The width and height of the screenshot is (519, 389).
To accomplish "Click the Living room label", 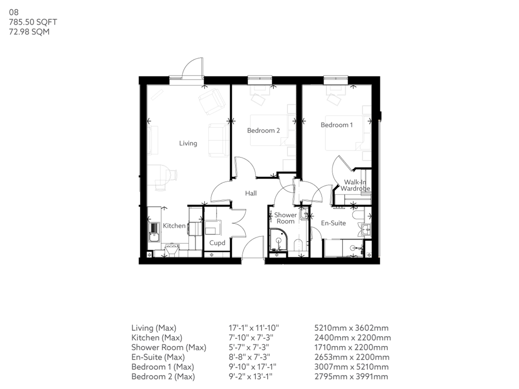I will (188, 143).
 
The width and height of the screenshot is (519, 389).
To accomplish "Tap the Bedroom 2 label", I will (263, 131).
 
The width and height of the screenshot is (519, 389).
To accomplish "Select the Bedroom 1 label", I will (337, 125).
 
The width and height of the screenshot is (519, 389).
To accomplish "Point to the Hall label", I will (251, 193).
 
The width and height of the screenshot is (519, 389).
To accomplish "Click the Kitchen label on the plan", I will (174, 225).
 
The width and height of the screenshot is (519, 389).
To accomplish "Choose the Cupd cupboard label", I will (217, 243).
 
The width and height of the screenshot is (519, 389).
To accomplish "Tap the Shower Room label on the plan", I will (286, 218).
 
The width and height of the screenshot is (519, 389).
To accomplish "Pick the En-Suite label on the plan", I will (333, 223).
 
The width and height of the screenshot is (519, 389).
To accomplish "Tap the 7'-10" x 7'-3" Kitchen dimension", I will (253, 338).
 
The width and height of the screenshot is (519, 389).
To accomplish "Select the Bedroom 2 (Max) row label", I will (163, 376).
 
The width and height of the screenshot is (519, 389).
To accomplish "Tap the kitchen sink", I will (153, 236).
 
